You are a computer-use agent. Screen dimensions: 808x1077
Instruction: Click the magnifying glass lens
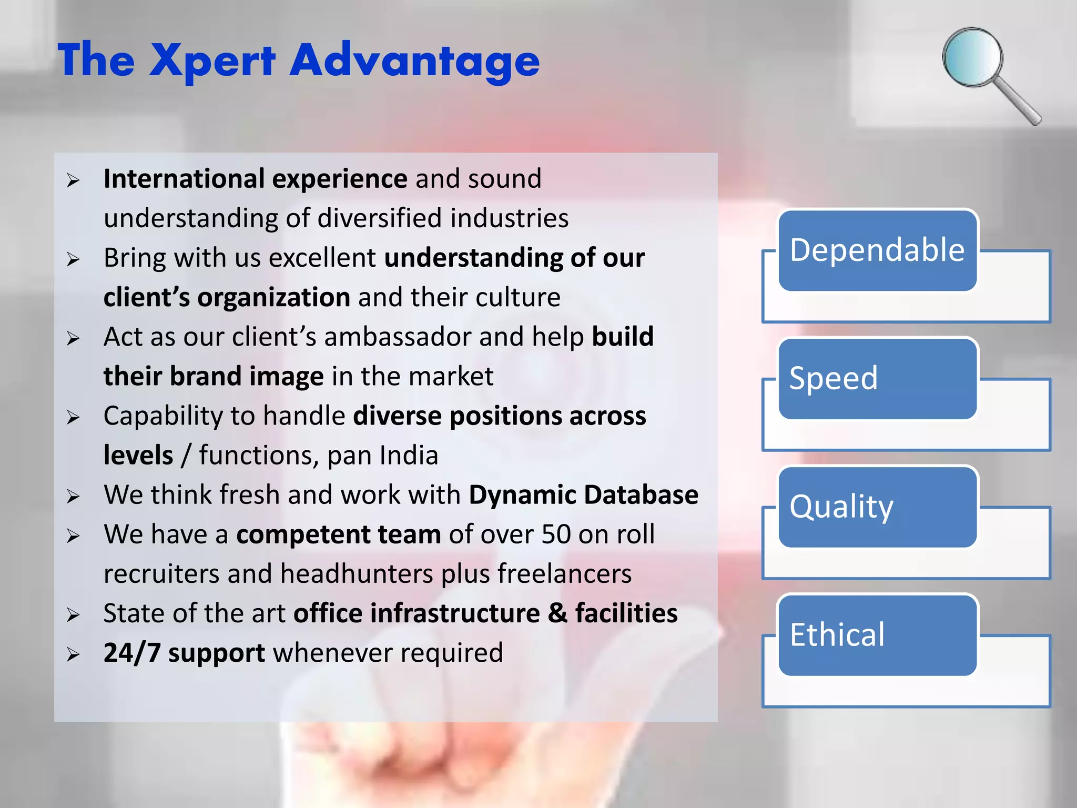click(972, 57)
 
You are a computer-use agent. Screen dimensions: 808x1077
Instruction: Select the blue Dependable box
click(877, 250)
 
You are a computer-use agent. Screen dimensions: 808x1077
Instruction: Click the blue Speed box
click(877, 379)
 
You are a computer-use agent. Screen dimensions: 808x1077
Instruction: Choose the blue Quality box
click(877, 507)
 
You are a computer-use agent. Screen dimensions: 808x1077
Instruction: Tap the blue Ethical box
click(877, 635)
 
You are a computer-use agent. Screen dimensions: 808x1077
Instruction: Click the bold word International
click(184, 179)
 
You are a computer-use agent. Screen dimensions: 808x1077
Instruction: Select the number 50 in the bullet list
click(556, 534)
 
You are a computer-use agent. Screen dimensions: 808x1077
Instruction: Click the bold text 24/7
click(131, 653)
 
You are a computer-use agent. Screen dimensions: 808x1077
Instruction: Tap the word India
click(409, 456)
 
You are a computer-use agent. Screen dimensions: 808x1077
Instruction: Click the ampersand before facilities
click(557, 613)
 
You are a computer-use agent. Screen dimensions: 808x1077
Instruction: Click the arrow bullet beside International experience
click(73, 180)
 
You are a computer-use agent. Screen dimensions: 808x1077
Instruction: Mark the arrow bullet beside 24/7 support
click(73, 654)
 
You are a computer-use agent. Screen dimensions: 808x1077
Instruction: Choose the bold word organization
click(273, 298)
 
